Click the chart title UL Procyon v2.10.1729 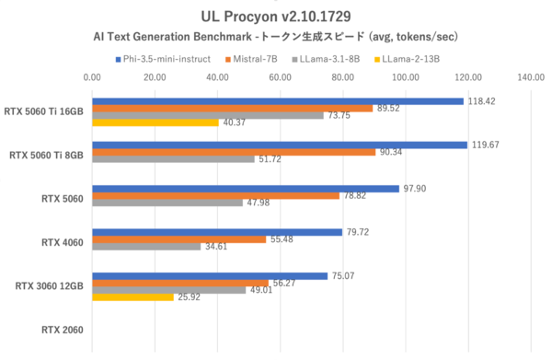click(x=275, y=16)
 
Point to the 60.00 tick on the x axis click(x=280, y=77)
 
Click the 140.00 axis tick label click(x=530, y=77)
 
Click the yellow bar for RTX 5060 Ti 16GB click(x=155, y=122)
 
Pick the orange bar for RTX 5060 click(x=216, y=195)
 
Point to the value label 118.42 click(x=481, y=101)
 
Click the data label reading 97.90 click(x=414, y=188)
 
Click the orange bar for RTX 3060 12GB click(x=180, y=283)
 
